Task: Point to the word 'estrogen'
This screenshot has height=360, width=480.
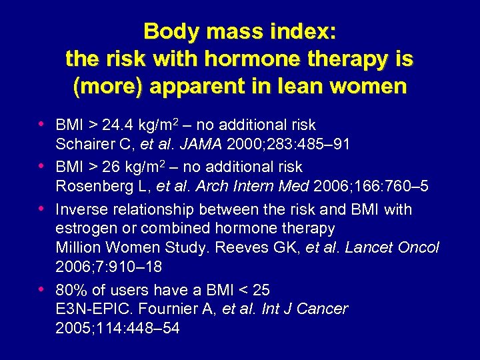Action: (84, 229)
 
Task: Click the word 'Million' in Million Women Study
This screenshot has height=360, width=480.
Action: (77, 248)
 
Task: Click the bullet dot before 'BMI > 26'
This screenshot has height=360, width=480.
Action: (43, 166)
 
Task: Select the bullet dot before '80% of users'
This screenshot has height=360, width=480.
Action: (43, 289)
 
